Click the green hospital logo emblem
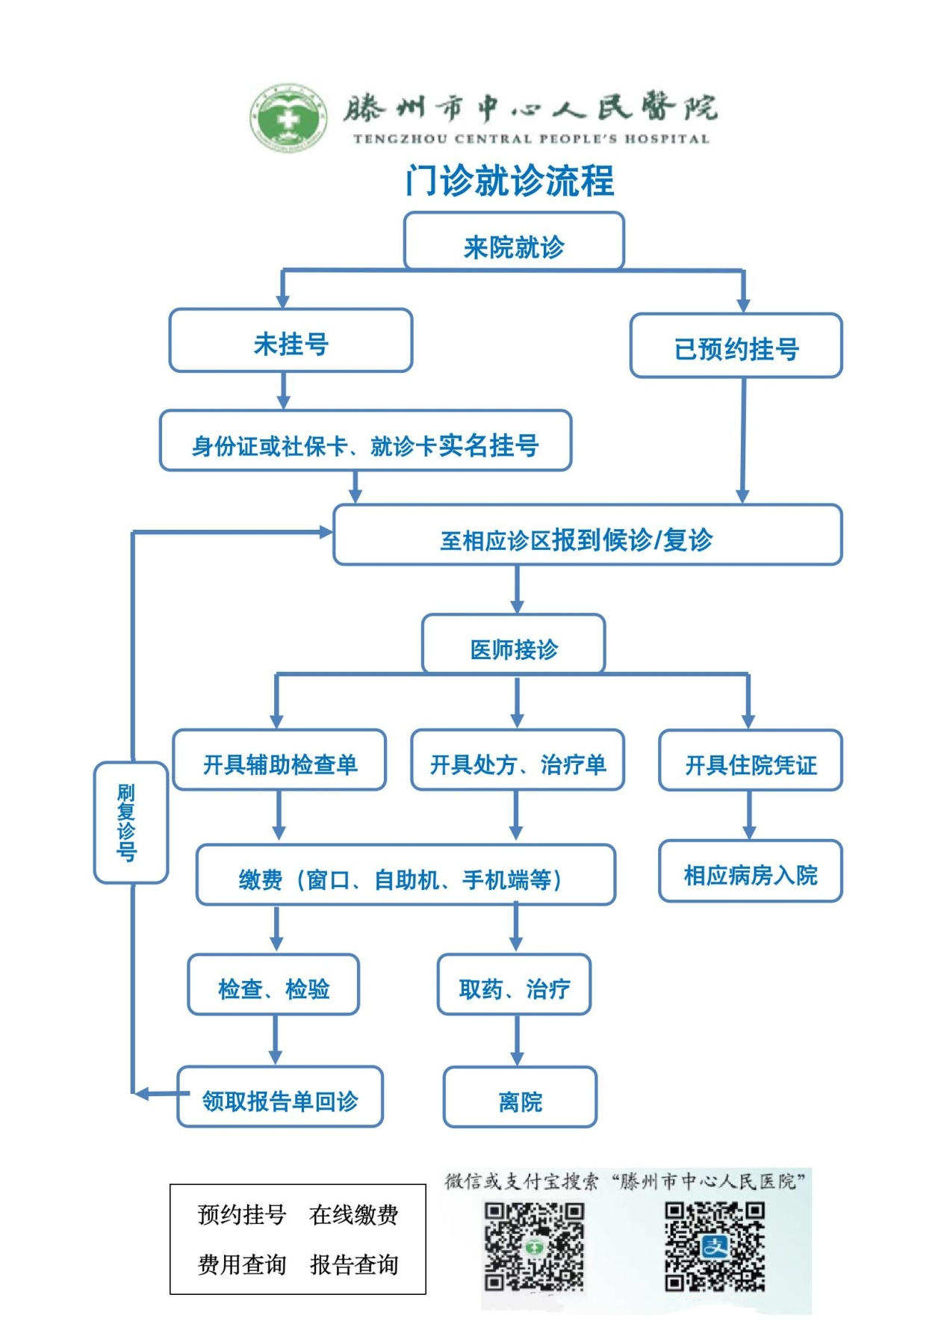pyautogui.click(x=288, y=117)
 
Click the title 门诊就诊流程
pyautogui.click(x=510, y=181)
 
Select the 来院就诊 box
pyautogui.click(x=514, y=241)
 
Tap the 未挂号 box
pyautogui.click(x=291, y=341)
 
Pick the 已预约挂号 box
pyautogui.click(x=736, y=346)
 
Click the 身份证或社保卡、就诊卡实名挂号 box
pyautogui.click(x=365, y=441)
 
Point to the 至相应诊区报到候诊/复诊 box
pyautogui.click(x=587, y=535)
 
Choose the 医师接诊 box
pyautogui.click(x=514, y=644)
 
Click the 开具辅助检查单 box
pyautogui.click(x=279, y=761)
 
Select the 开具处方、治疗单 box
pyautogui.click(x=517, y=761)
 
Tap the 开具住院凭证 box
pyautogui.click(x=750, y=761)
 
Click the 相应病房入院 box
pyautogui.click(x=750, y=871)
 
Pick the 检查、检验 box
pyautogui.click(x=273, y=985)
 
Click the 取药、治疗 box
pyautogui.click(x=514, y=985)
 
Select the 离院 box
pyautogui.click(x=520, y=1097)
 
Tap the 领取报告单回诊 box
pyautogui.click(x=280, y=1097)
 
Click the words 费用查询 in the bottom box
pyautogui.click(x=242, y=1265)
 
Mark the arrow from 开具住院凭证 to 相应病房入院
pyautogui.click(x=749, y=815)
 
